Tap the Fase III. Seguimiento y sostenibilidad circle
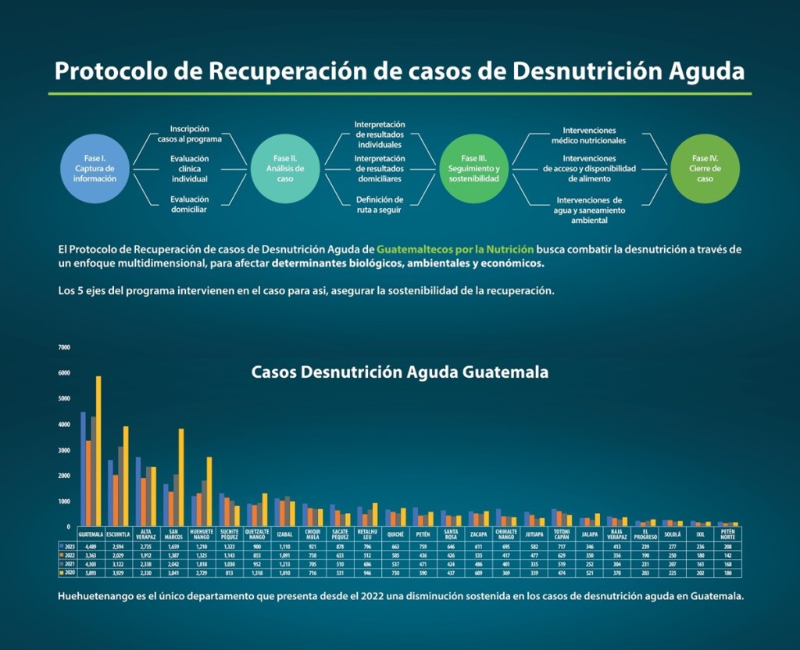473,168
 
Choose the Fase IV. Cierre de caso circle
705,168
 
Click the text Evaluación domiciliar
190,205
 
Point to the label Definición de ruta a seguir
379,205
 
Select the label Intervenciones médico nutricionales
588,135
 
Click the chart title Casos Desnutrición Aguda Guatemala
399,372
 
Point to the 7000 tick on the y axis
64,347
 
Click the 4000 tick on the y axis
64,425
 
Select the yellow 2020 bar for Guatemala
98,451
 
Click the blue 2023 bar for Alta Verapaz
138,492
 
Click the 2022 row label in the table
68,554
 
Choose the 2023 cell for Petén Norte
729,544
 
